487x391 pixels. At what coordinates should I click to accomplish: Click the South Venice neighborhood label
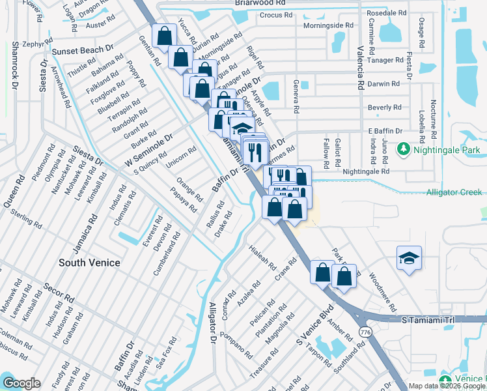point(90,263)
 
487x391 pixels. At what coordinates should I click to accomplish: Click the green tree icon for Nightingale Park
point(404,150)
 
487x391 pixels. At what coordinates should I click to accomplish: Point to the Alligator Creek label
point(454,192)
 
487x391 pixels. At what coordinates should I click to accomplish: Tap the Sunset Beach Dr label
point(83,50)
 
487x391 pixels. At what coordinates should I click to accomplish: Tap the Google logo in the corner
point(21,383)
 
